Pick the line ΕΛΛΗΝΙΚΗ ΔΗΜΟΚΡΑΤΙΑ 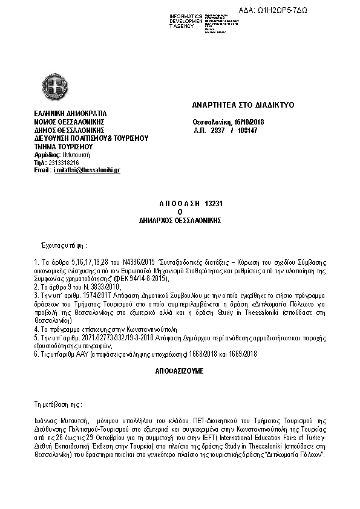71,113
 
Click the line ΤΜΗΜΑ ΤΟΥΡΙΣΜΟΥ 62,146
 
